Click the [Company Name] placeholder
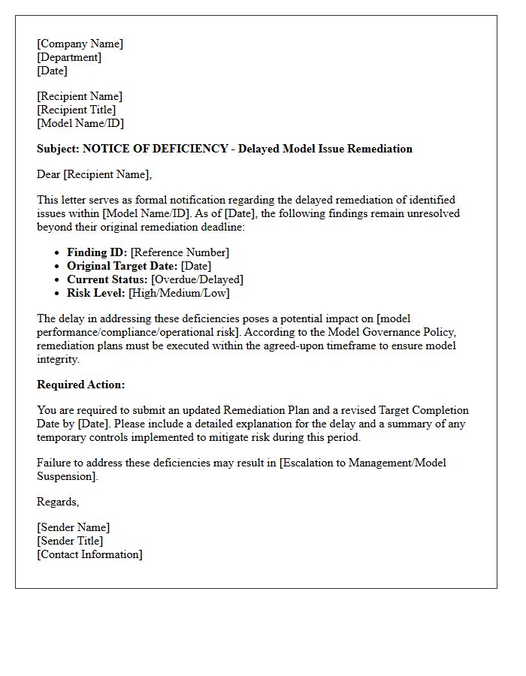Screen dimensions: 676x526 [80, 44]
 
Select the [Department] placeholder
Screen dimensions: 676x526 [69, 57]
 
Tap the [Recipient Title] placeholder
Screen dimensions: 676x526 [76, 110]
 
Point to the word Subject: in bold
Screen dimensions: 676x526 [58, 149]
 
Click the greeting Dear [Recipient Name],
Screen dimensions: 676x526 [94, 175]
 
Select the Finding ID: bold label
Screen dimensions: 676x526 [97, 252]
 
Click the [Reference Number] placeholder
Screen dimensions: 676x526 [180, 252]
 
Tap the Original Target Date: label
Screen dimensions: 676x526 [122, 266]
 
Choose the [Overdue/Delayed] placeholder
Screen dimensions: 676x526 [197, 279]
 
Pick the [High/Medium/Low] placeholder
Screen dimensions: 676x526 [179, 293]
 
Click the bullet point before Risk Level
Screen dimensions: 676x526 [58, 294]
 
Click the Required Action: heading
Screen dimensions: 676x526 [81, 385]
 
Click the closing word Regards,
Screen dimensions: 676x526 [58, 502]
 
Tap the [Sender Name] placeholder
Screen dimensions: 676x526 [73, 527]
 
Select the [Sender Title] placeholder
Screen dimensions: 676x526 [70, 541]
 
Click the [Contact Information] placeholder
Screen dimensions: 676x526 [89, 554]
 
